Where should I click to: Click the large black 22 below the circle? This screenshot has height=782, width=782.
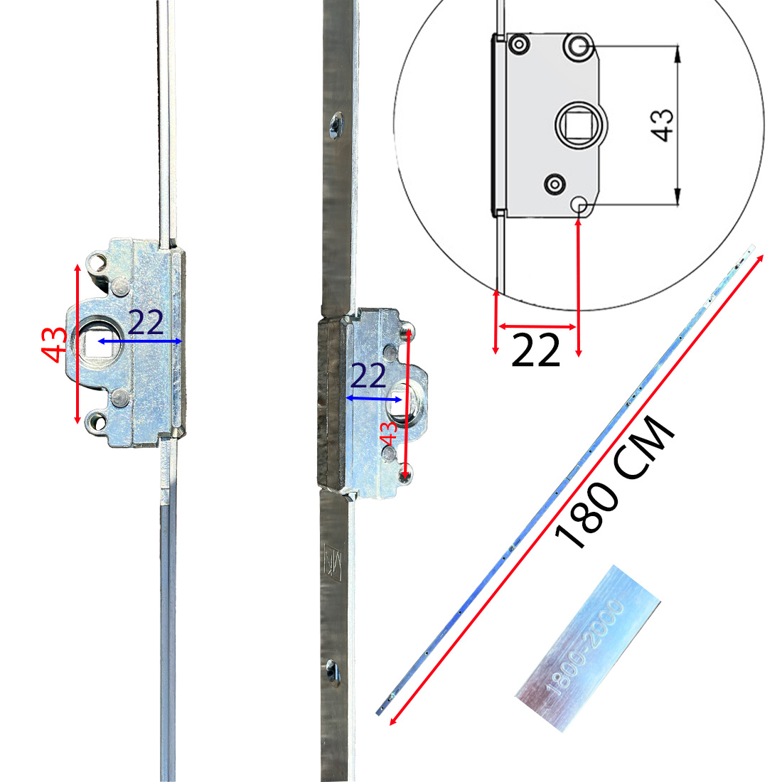(x=535, y=350)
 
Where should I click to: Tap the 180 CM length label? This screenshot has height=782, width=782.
(x=615, y=482)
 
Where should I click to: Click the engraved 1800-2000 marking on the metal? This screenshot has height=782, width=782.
(x=584, y=648)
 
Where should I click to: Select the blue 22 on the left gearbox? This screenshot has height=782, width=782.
(x=146, y=323)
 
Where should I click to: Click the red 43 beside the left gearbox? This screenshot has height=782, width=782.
(x=54, y=345)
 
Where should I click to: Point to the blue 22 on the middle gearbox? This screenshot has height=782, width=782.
(x=368, y=376)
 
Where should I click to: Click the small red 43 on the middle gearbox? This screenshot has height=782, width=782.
(x=388, y=434)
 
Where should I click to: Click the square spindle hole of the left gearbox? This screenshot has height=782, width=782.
(x=92, y=343)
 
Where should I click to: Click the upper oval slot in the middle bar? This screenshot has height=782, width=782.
(x=335, y=125)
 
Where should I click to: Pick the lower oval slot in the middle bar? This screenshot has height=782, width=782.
(x=332, y=670)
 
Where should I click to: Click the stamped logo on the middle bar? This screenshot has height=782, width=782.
(x=333, y=562)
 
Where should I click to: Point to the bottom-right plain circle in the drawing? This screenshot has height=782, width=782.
(x=579, y=205)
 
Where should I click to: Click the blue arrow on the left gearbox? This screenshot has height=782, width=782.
(x=139, y=342)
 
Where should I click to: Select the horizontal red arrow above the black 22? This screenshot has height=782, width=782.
(x=537, y=327)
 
